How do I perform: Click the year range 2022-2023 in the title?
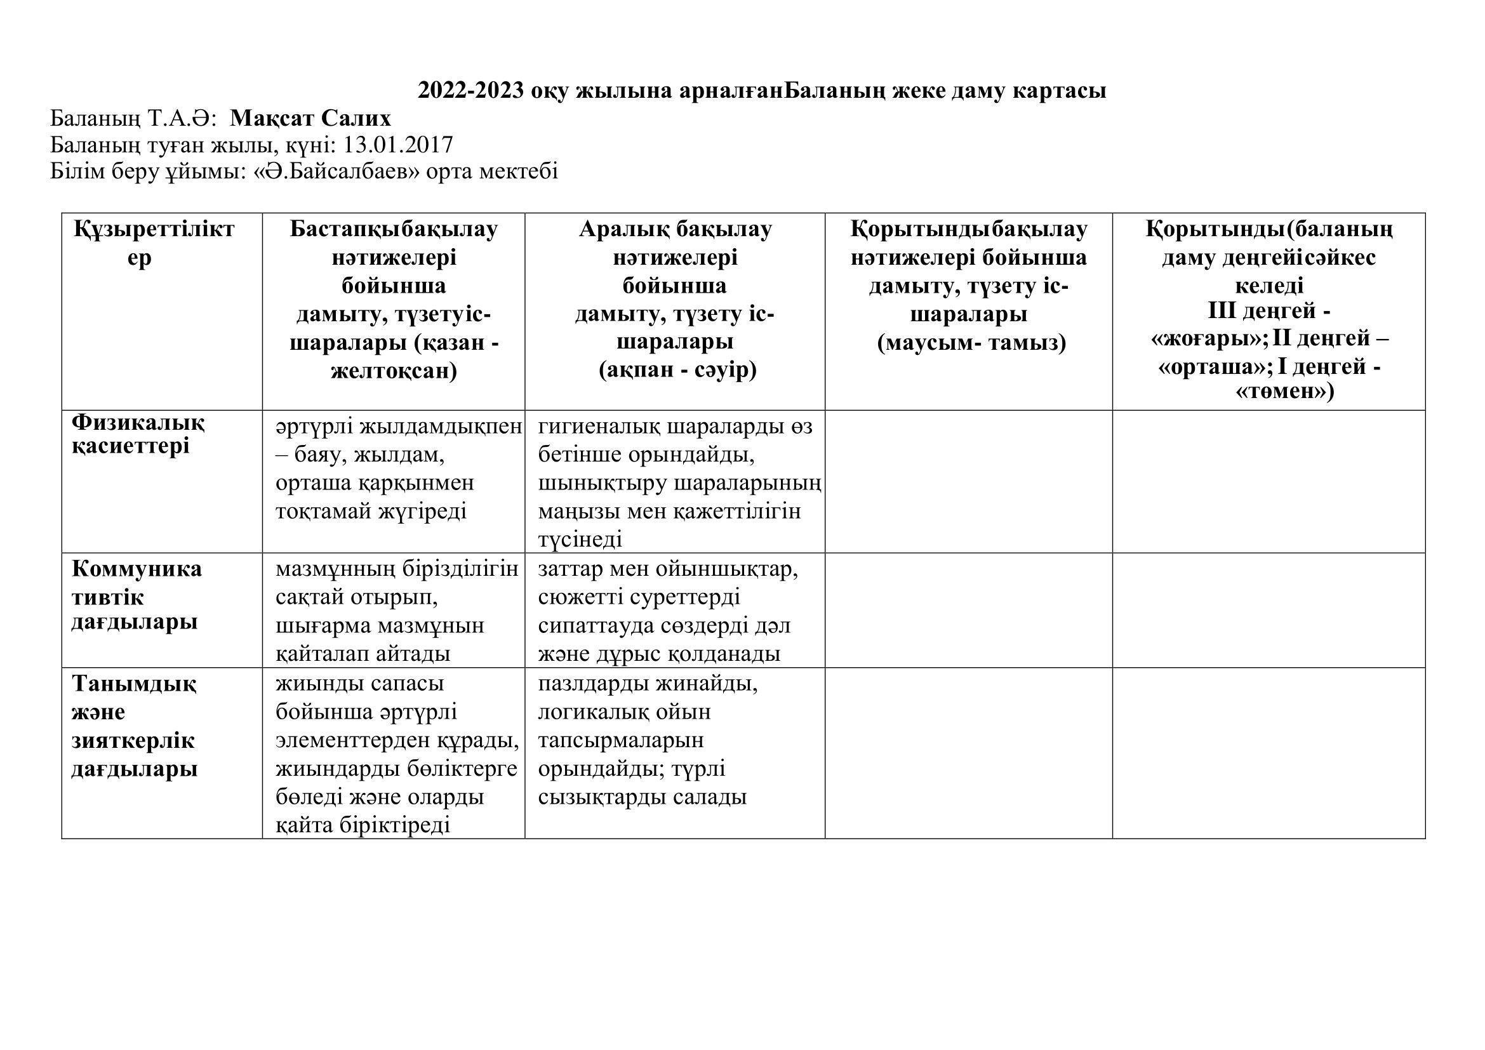[470, 91]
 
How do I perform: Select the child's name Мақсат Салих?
[310, 118]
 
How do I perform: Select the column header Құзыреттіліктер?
[154, 243]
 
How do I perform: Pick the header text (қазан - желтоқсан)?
[394, 357]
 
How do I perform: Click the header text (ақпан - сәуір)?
[677, 371]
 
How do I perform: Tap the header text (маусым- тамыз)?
[971, 343]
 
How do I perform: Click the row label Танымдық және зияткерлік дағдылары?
[134, 726]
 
